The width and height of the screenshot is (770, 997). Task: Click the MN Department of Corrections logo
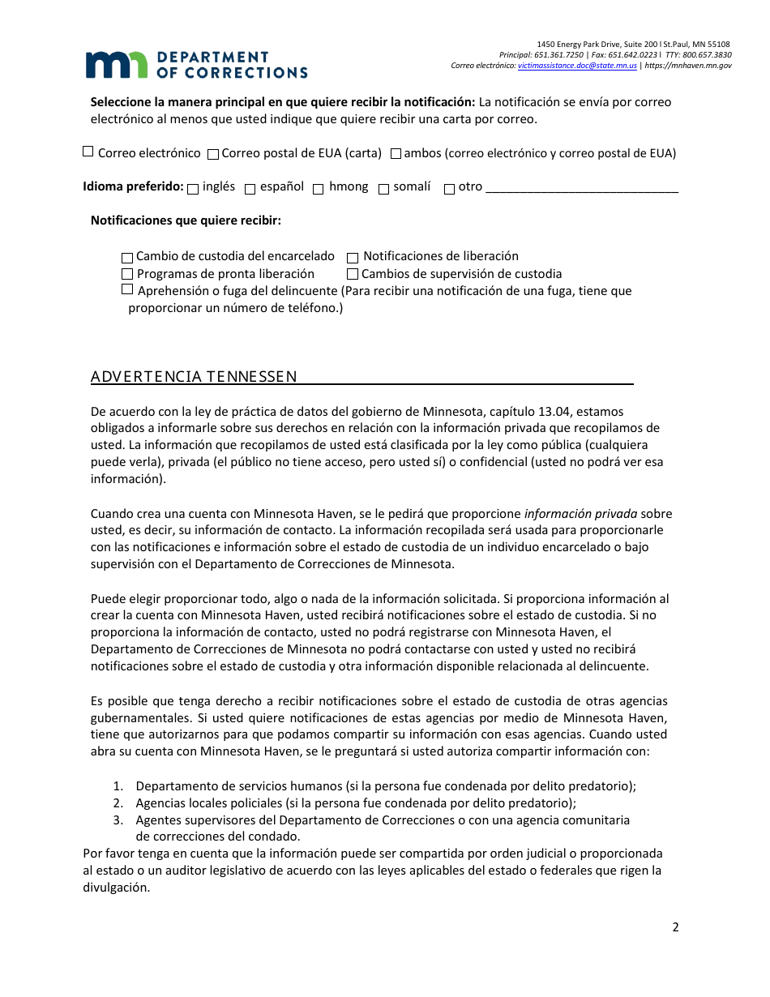coord(196,65)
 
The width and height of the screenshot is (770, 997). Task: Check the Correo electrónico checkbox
coord(88,152)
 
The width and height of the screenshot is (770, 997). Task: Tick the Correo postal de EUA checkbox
coord(213,154)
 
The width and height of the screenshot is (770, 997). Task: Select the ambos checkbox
coord(396,153)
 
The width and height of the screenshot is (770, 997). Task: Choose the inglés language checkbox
coord(193,189)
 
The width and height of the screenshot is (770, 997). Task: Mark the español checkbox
coord(250,189)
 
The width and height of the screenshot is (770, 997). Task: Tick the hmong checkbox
coord(319,189)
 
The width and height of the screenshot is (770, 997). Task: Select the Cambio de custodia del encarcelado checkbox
coord(127,257)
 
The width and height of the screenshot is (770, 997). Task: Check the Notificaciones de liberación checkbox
coord(353,257)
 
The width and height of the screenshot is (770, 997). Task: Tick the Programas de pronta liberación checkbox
coord(127,275)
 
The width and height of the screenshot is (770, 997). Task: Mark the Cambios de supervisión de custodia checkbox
coord(353,275)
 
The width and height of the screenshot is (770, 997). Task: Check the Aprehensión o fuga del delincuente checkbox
coord(127,289)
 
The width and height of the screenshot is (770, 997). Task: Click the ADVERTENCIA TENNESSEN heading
coord(194,376)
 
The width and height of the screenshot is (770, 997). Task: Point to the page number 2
coord(675,927)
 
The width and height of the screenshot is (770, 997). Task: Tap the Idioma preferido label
coord(133,186)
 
